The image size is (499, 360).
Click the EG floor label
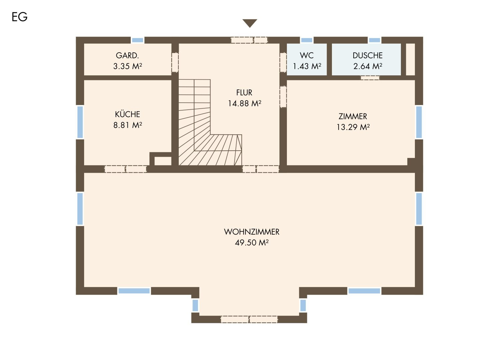click(x=20, y=17)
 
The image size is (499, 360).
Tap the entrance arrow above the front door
click(x=250, y=23)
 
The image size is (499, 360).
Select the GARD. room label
click(x=127, y=55)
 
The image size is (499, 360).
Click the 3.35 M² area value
click(x=127, y=66)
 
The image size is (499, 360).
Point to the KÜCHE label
click(x=127, y=114)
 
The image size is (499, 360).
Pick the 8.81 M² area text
click(x=127, y=125)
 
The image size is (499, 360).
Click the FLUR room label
click(x=244, y=93)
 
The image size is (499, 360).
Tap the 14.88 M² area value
click(x=244, y=103)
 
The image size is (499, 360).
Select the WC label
click(x=307, y=55)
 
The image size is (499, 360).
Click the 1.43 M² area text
click(x=307, y=66)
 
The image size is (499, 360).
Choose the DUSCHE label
click(x=368, y=55)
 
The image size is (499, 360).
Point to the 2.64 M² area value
click(x=368, y=66)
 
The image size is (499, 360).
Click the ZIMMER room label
click(x=353, y=116)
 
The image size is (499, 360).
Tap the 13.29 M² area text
click(x=353, y=127)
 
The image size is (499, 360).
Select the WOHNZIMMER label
click(x=252, y=232)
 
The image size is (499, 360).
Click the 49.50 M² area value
click(x=252, y=243)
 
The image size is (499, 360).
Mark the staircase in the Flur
click(x=210, y=122)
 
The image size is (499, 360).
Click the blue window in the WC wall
click(x=307, y=40)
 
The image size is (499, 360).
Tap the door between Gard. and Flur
click(x=175, y=62)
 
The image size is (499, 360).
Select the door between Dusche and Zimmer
click(x=370, y=78)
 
